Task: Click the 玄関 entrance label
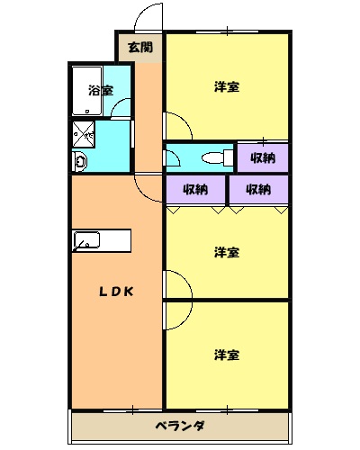139,48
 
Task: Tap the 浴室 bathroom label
100,90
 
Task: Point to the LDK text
116,291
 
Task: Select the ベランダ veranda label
179,426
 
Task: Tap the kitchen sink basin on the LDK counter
88,240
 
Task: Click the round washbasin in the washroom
79,162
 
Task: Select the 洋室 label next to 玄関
227,87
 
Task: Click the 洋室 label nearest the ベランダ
227,355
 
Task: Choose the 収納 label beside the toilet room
263,158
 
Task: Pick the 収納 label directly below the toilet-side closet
258,189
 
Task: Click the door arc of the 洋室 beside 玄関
174,124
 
